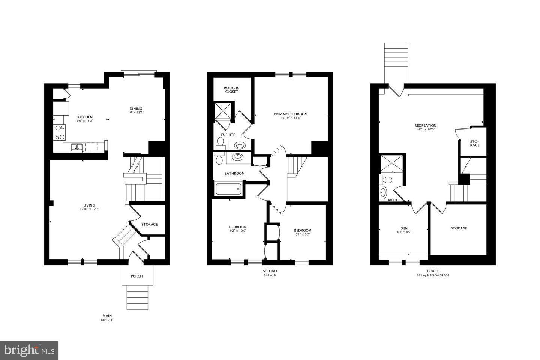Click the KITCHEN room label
(x=85, y=117)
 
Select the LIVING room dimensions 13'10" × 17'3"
(x=89, y=209)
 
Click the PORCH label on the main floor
(x=136, y=276)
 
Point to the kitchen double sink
(x=77, y=147)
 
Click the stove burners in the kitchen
(x=60, y=132)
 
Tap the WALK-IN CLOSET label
(x=232, y=90)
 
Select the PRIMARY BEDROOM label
(x=291, y=114)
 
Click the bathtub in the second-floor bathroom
(x=228, y=189)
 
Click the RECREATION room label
(x=425, y=126)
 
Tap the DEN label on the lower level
(x=403, y=228)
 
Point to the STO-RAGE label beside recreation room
(x=474, y=143)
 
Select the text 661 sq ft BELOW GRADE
(x=432, y=275)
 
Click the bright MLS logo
(x=29, y=350)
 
